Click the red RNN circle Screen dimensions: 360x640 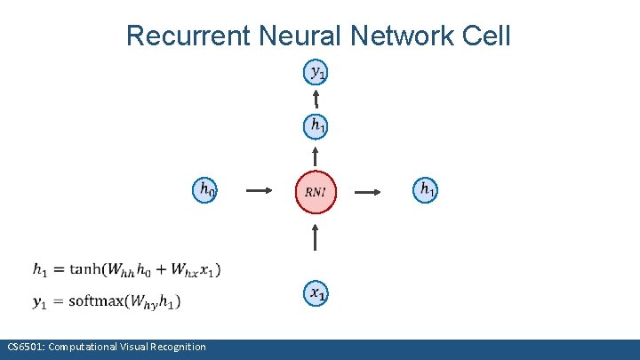point(316,191)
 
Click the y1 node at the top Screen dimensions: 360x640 point(316,71)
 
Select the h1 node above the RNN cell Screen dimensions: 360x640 point(316,126)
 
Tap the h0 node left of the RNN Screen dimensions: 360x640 point(205,189)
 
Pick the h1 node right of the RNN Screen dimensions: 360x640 point(427,188)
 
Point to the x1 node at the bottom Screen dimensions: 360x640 point(316,292)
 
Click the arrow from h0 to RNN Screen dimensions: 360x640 point(258,190)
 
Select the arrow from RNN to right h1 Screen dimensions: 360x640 point(369,190)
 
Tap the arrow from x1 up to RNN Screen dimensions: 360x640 point(316,239)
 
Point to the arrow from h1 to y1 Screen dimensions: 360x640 point(316,97)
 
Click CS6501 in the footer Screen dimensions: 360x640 point(23,347)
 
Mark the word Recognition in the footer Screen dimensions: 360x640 point(176,347)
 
